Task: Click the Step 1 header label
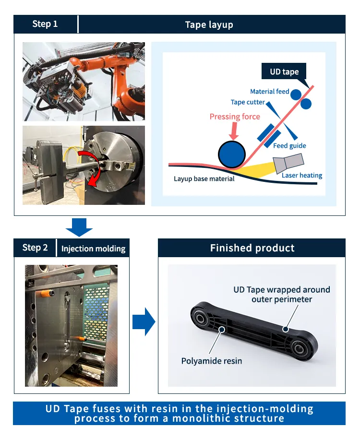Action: (x=45, y=24)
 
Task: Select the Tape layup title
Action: (x=209, y=24)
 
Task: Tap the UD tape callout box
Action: (x=284, y=71)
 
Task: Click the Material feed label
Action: (x=269, y=92)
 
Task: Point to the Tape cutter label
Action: (x=248, y=102)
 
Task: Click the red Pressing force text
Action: (x=235, y=117)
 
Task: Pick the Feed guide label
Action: (x=289, y=146)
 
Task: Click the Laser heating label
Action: (x=302, y=175)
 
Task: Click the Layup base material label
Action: (x=204, y=179)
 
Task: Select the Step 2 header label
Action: (x=35, y=248)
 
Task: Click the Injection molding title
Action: (x=93, y=249)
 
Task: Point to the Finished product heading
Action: (x=252, y=248)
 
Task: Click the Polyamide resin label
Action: (x=212, y=361)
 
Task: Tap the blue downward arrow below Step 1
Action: (x=79, y=226)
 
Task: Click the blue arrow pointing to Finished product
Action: (x=144, y=321)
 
